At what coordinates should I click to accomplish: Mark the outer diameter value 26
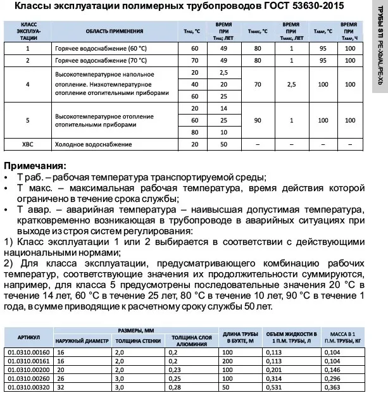[x=61, y=378]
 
